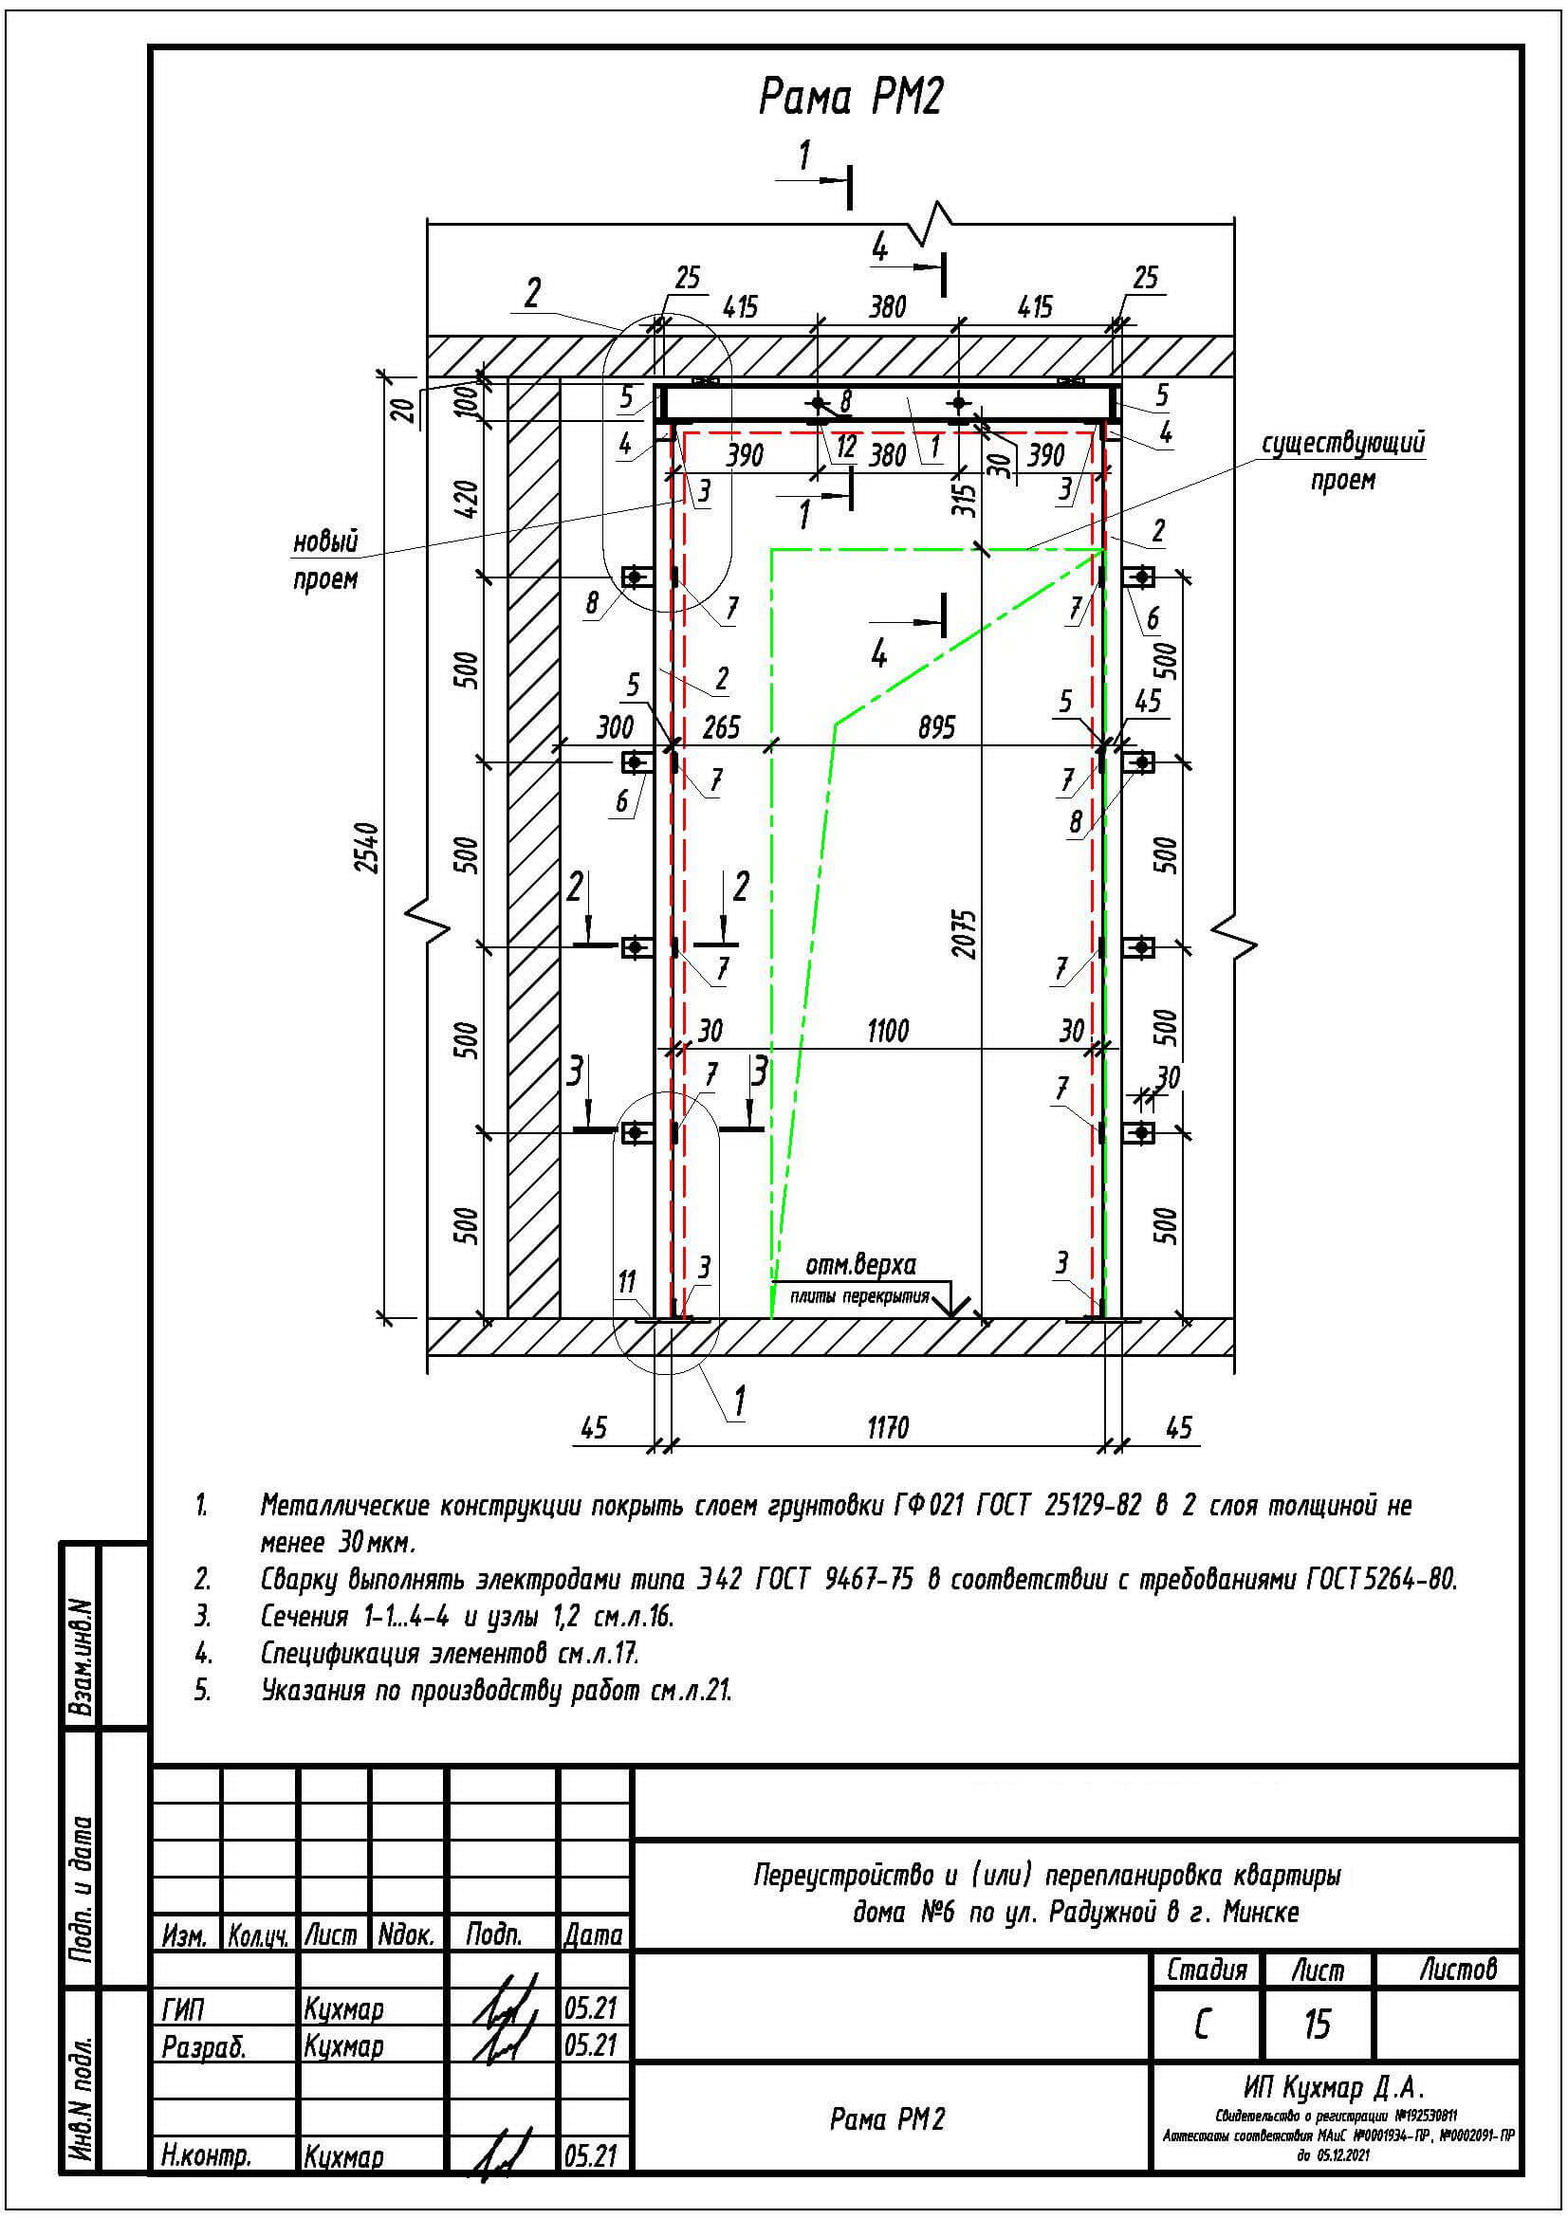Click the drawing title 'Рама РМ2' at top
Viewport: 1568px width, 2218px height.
click(x=849, y=98)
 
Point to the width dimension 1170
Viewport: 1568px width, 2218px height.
click(x=887, y=1427)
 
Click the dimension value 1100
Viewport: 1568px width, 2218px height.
click(x=887, y=1031)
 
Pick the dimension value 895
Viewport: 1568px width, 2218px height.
click(x=936, y=726)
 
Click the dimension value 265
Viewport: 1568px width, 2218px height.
click(x=721, y=726)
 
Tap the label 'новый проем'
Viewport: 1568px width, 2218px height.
click(x=325, y=560)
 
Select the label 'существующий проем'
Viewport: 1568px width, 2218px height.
click(x=1342, y=461)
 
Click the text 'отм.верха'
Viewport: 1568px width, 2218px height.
click(x=860, y=1265)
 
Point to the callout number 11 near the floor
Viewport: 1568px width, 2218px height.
click(x=627, y=1282)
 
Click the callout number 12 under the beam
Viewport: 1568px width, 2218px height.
click(x=846, y=447)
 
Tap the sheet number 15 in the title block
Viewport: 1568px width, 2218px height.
click(x=1317, y=2024)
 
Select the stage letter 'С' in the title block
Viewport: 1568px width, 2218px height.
click(x=1202, y=2024)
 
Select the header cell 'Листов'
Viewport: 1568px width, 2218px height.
click(x=1457, y=1969)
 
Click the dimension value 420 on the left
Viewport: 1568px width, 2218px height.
click(x=467, y=499)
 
